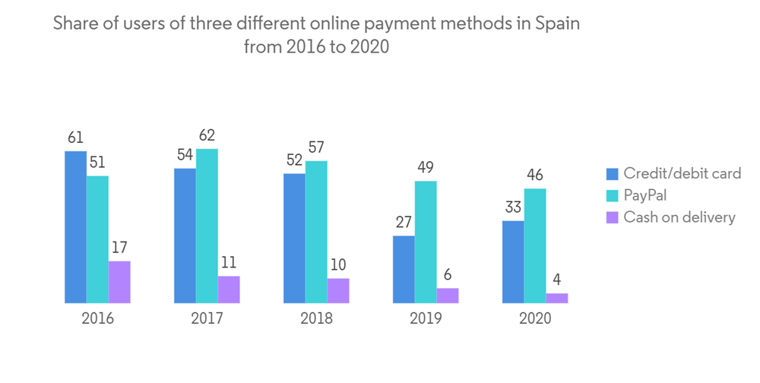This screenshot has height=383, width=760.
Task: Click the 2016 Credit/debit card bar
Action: [75, 227]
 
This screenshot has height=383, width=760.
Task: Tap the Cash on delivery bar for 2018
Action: [338, 290]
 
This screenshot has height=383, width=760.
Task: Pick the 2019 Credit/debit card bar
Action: [404, 269]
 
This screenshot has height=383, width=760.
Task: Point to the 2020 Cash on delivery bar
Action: [557, 298]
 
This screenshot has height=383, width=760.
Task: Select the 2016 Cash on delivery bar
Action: [119, 282]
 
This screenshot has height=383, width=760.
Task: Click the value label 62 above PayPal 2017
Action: [207, 136]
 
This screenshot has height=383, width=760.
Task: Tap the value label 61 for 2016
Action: [74, 138]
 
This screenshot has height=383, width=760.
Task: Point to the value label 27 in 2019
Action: [404, 223]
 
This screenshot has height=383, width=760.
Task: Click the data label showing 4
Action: [557, 280]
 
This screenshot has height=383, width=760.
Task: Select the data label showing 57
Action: [316, 147]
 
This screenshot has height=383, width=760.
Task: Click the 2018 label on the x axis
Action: [316, 318]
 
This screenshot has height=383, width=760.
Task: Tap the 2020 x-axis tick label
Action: [535, 318]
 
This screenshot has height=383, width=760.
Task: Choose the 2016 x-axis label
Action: [97, 318]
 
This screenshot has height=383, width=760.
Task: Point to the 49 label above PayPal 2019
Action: [426, 168]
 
